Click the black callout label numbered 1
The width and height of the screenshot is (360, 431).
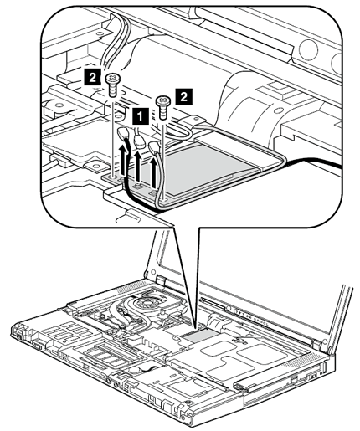coord(140,115)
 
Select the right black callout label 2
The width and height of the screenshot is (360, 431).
coord(183,97)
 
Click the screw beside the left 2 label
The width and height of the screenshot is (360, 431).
coord(112,85)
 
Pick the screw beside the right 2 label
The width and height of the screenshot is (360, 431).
coord(162,107)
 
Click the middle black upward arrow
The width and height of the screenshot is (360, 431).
coord(137,166)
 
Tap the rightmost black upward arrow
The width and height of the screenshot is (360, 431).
coord(152,172)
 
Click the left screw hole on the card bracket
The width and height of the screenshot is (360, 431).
coord(113,177)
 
